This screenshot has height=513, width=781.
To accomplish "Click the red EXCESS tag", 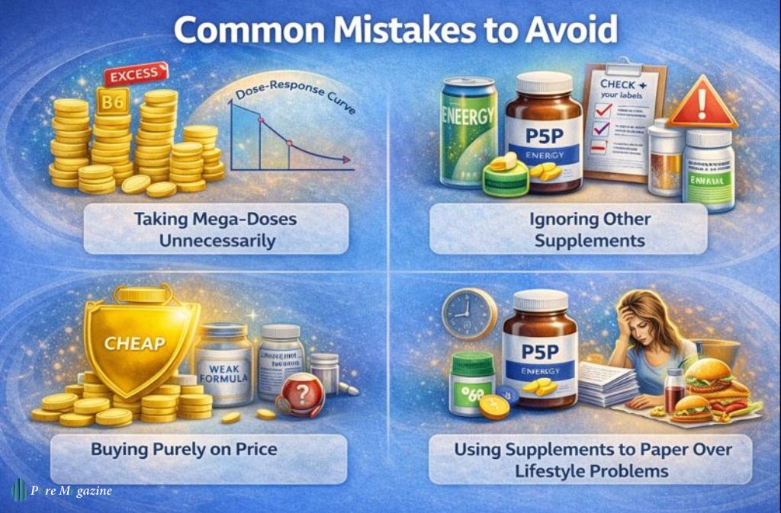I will pyautogui.click(x=134, y=75).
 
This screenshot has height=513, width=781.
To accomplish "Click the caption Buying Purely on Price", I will pyautogui.click(x=184, y=448).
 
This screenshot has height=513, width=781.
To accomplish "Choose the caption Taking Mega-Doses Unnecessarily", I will pyautogui.click(x=216, y=229).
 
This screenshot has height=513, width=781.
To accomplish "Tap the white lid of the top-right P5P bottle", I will pyautogui.click(x=545, y=82).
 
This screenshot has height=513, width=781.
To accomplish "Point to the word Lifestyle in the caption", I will pyautogui.click(x=549, y=470).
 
